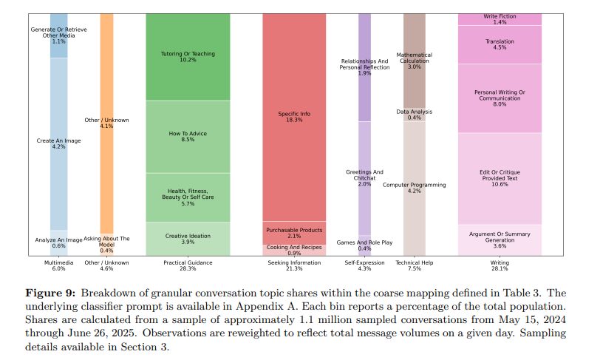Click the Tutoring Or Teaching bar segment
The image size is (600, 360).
[x=188, y=56]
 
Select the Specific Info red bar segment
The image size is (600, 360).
[x=294, y=117]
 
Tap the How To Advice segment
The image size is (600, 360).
[x=188, y=137]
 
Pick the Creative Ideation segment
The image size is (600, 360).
[x=188, y=239]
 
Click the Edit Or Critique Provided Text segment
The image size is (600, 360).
[x=500, y=178]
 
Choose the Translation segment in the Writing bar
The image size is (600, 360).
[x=500, y=44]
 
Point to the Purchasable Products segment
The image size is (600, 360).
[x=294, y=232]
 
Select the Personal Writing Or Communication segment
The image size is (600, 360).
[x=500, y=98]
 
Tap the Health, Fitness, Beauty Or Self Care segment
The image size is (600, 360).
[x=188, y=197]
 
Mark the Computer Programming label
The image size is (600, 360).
[x=414, y=187]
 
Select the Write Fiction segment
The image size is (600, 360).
[x=500, y=18]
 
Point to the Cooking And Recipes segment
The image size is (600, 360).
[x=294, y=250]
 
